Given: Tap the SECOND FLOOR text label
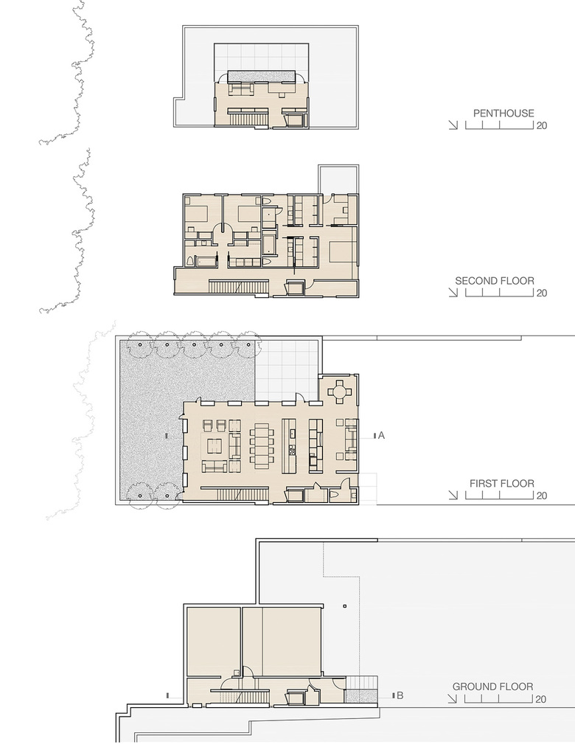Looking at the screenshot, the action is (495, 280).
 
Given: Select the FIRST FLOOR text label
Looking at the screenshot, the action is (502, 483).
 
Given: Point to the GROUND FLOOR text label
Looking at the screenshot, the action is (492, 686).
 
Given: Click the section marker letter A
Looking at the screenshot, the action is (381, 435).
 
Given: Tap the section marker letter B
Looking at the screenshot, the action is (400, 695).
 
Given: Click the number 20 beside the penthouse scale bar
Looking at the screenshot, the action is (541, 125).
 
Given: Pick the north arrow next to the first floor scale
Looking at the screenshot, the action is (453, 496).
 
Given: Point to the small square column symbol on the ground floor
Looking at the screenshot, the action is (345, 606).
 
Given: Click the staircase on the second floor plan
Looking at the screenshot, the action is (239, 288).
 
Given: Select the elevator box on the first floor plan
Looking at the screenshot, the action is (295, 496).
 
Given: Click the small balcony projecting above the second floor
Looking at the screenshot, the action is (338, 179).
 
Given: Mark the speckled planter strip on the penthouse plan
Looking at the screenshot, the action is (262, 77).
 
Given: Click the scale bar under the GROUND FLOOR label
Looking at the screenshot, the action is (499, 698).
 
